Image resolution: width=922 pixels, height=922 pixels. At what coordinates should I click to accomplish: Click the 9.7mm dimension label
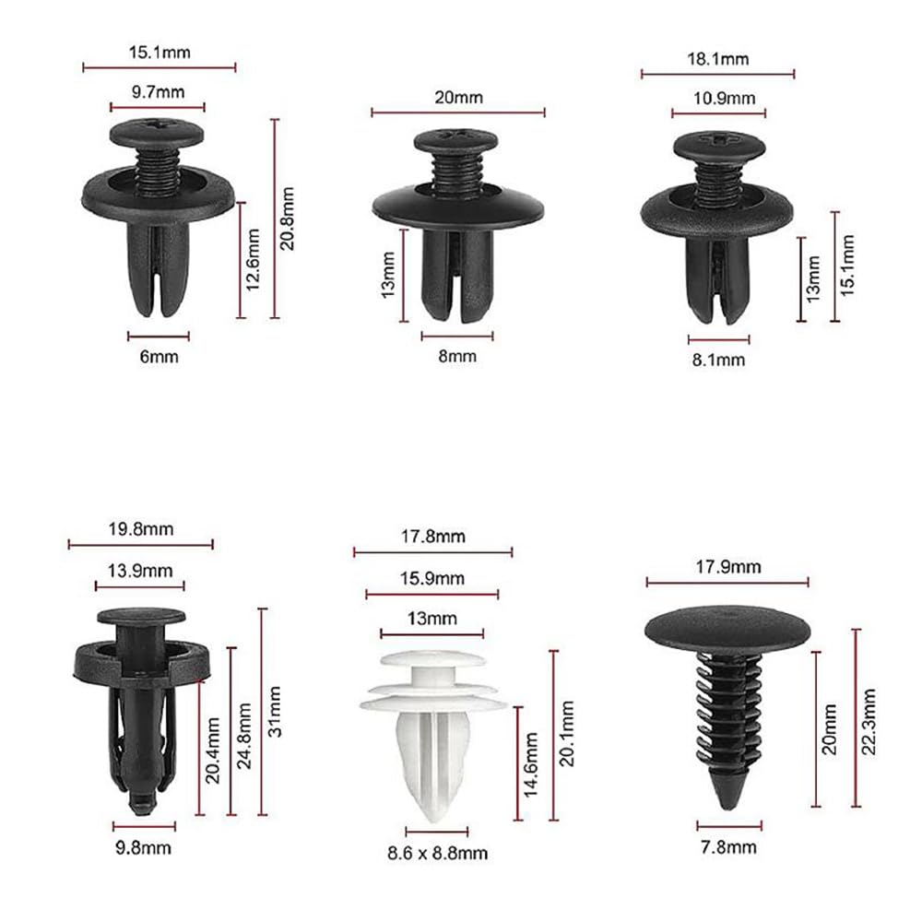pos(159,92)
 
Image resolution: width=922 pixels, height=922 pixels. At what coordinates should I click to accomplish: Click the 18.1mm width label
pos(717,59)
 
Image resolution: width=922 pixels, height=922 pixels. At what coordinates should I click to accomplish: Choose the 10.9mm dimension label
pos(718,99)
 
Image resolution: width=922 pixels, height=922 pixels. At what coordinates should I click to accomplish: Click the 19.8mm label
pos(140,529)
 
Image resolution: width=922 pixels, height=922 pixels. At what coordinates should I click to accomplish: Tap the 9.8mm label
pos(142,846)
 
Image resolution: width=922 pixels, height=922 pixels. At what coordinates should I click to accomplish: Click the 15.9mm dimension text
pos(431,578)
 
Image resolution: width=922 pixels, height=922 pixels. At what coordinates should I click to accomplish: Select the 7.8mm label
pos(729,846)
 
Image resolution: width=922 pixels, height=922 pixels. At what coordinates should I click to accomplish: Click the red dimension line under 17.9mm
pos(727,582)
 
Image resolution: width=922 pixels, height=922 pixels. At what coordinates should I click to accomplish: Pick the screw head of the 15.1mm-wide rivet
pos(158,133)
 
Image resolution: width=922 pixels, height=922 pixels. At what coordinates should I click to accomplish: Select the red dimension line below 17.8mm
pos(432,553)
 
